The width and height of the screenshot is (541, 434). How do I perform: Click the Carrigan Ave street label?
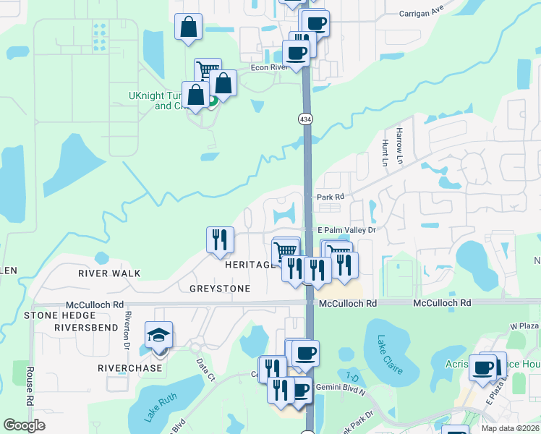click(x=422, y=13)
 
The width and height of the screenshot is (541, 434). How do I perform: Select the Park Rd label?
click(x=329, y=197)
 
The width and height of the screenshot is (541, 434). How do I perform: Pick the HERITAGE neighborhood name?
click(x=250, y=265)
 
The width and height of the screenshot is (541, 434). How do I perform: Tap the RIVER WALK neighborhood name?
click(x=109, y=273)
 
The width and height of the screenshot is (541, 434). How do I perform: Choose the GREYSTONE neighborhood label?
click(x=220, y=289)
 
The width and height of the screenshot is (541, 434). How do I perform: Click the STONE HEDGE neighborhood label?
click(x=61, y=315)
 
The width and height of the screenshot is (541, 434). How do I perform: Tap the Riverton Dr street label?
click(x=127, y=327)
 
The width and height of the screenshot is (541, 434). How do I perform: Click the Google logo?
click(x=25, y=425)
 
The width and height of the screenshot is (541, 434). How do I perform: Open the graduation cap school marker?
click(x=158, y=337)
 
